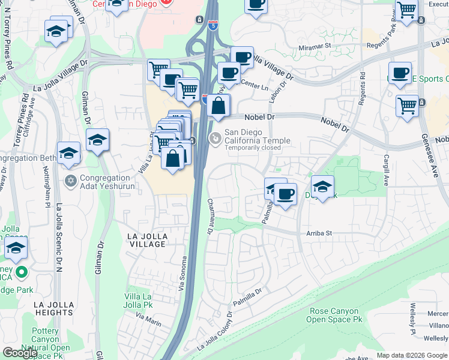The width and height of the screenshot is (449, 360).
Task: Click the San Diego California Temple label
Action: [257, 137]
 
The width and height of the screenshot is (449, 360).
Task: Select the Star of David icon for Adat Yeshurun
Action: [70, 181]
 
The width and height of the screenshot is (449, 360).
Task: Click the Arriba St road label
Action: [319, 233]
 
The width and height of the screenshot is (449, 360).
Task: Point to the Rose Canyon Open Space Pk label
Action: [336, 316]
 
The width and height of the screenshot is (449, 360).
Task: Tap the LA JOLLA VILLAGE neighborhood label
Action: [147, 240]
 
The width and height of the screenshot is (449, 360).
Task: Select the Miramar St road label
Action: [315, 46]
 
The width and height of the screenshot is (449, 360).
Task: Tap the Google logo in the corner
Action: [20, 353]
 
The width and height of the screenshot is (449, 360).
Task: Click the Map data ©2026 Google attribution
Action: [412, 355]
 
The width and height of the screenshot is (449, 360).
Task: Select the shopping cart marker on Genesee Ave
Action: [407, 105]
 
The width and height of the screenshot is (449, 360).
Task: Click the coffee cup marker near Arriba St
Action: [286, 194]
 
